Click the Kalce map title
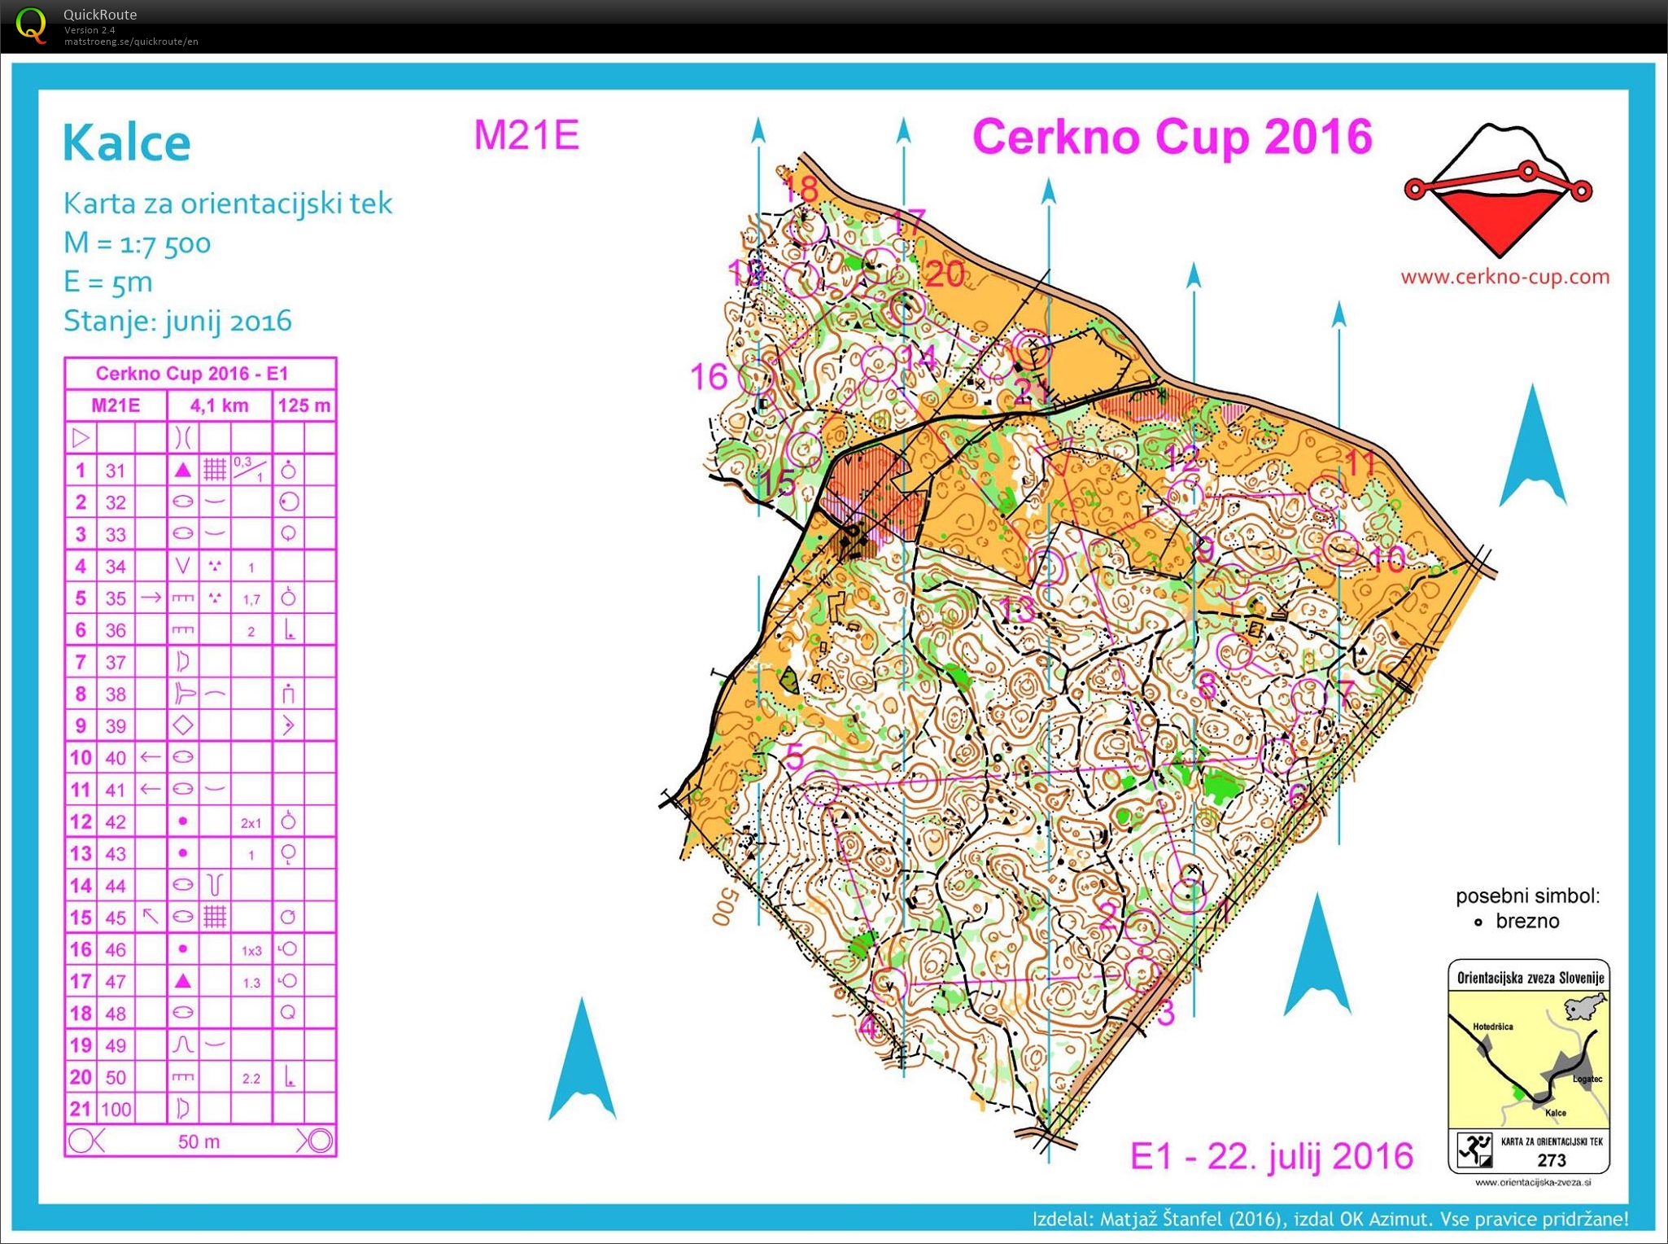127,143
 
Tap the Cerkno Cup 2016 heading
1172,136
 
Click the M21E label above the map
526,134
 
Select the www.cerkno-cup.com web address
1504,277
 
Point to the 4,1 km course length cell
219,405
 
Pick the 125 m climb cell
303,405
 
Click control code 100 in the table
116,1109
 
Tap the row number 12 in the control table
81,821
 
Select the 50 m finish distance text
199,1141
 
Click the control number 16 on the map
708,377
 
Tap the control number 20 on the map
945,274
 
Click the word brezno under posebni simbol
1527,921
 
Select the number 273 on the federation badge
1551,1160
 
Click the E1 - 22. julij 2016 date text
1271,1156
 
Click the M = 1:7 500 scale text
137,243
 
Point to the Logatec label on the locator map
1587,1079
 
